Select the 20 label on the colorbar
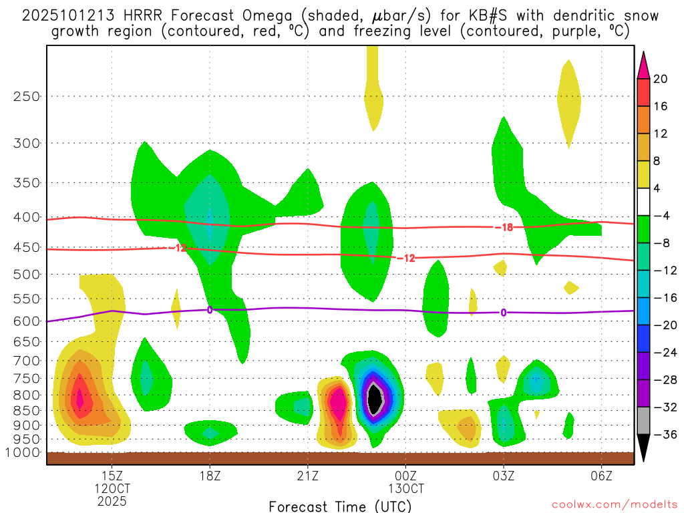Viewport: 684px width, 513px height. point(661,79)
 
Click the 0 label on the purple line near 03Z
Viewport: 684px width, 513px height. point(503,312)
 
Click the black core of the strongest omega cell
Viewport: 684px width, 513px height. point(375,399)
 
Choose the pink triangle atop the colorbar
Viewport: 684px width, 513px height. point(643,65)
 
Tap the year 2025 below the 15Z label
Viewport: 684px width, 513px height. point(112,500)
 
